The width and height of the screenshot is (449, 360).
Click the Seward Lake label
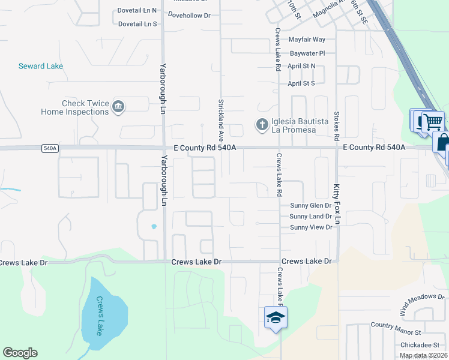click(41, 66)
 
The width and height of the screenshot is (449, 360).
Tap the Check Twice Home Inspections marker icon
click(118, 107)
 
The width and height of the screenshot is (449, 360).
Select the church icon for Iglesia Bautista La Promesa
click(262, 125)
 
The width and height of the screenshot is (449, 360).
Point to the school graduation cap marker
click(276, 317)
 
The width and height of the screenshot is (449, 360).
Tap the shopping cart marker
click(433, 122)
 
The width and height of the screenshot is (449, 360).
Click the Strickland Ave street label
click(221, 116)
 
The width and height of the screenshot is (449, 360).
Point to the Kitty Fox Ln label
click(337, 204)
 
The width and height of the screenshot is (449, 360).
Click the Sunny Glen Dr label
click(310, 205)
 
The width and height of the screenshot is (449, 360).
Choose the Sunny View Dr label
click(311, 227)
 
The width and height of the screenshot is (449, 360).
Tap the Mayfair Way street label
click(307, 40)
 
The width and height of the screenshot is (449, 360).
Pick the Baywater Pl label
click(307, 53)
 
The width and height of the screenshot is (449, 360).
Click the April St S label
click(301, 83)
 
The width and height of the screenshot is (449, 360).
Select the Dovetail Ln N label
click(137, 10)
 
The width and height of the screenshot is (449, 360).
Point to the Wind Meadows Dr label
click(421, 305)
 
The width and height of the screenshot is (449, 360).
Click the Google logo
click(20, 353)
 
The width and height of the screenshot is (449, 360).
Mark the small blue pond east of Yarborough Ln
click(154, 226)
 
